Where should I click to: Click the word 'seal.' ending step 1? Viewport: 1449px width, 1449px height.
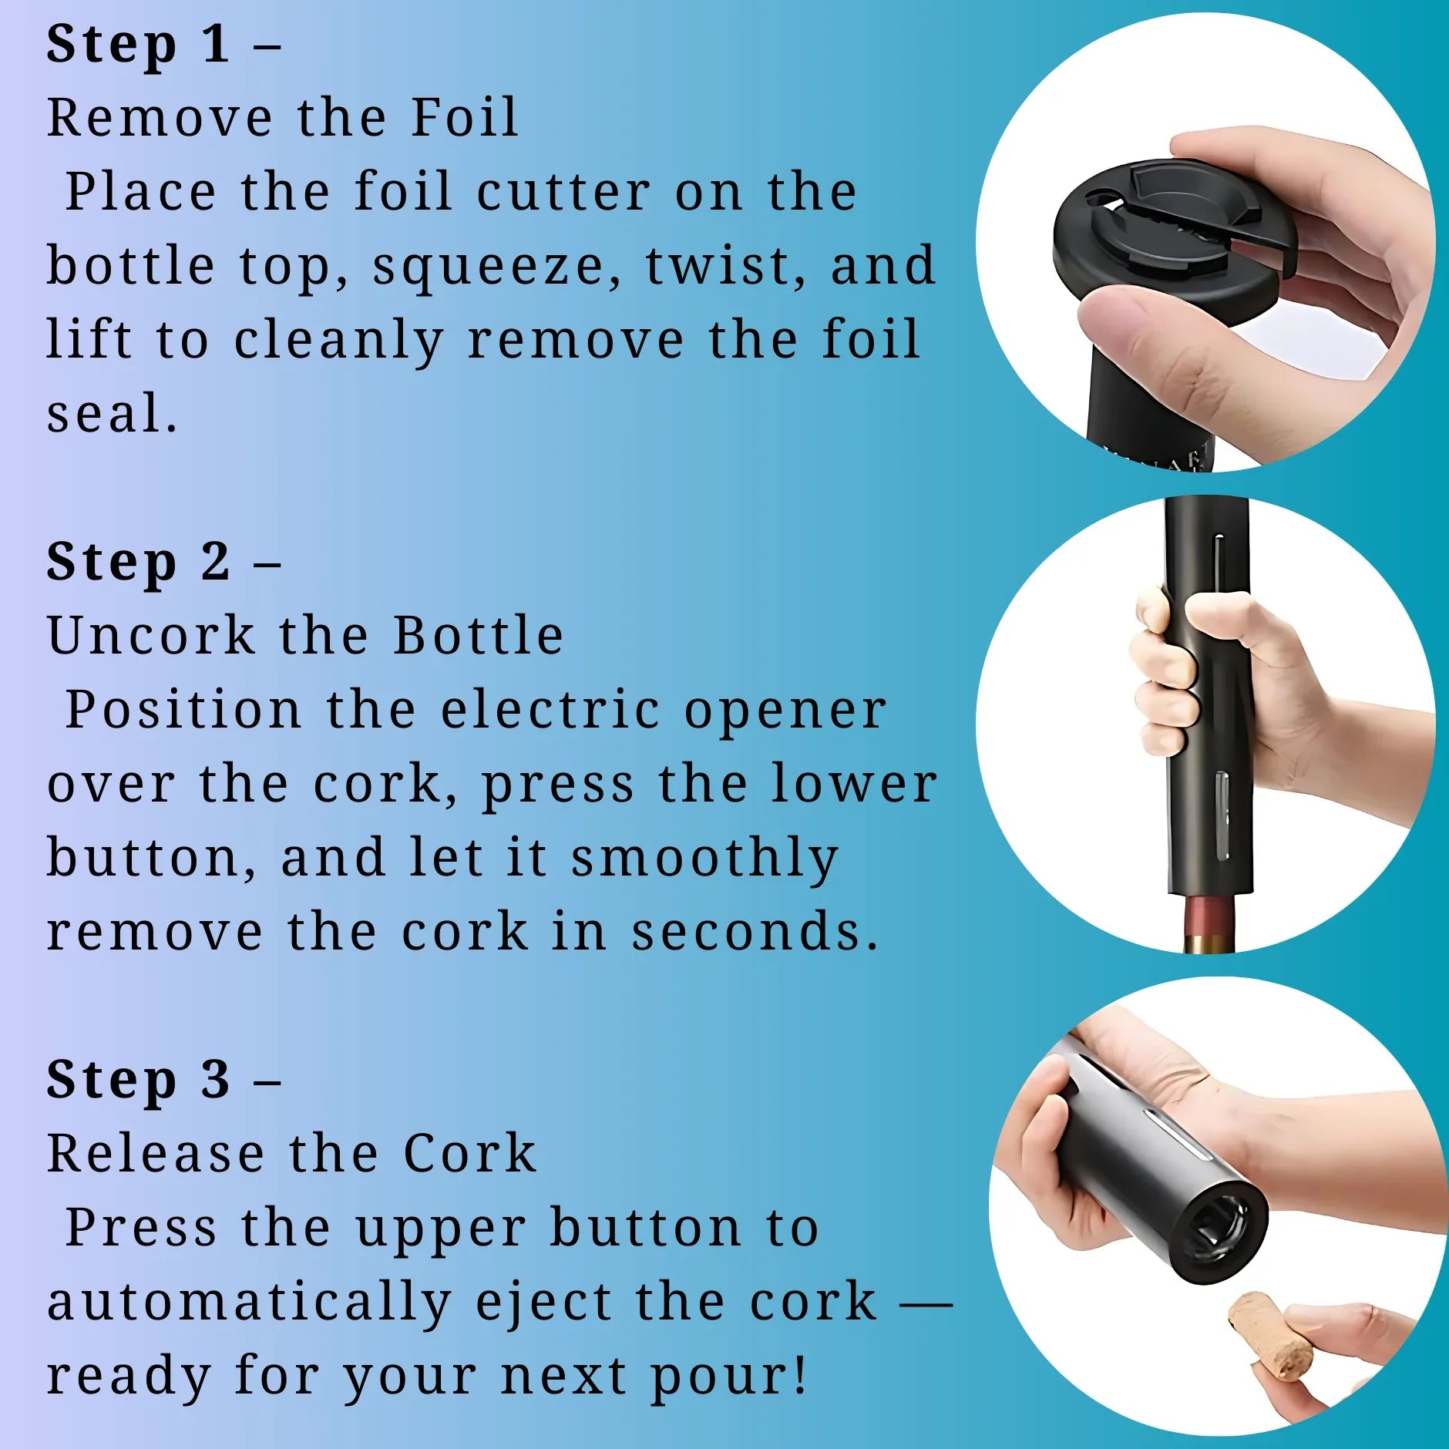pos(113,415)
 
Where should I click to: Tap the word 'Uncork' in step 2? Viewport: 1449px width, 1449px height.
pos(151,636)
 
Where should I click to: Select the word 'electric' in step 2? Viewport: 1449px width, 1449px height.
pos(550,710)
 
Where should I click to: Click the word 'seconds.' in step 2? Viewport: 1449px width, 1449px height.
pos(754,932)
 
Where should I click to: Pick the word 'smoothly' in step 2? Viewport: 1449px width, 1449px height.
pos(704,859)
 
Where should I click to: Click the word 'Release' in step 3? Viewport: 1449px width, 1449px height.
pos(156,1154)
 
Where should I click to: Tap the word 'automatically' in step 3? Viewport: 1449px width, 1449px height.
pos(248,1303)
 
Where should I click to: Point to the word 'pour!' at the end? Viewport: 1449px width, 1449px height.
pos(729,1376)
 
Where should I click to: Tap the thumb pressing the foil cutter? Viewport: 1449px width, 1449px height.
pos(1156,339)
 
